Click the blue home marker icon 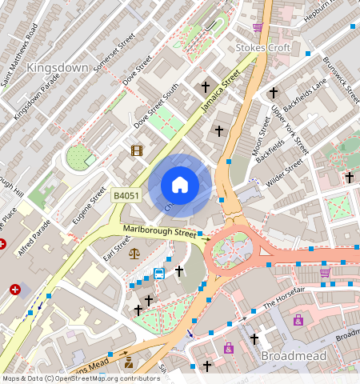pos(180,185)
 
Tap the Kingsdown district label pos(57,68)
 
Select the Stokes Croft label pos(263,47)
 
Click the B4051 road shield pos(126,196)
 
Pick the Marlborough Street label pos(160,234)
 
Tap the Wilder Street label pos(284,175)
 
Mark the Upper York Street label pos(290,128)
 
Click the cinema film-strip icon pos(137,150)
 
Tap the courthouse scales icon pos(133,254)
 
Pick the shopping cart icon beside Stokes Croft pos(258,27)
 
